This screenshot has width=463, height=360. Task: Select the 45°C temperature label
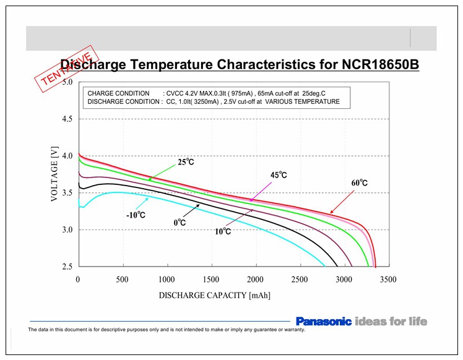click(278, 175)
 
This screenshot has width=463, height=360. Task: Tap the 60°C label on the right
click(359, 183)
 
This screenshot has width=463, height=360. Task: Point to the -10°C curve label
click(136, 215)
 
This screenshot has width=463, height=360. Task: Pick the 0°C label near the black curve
click(180, 221)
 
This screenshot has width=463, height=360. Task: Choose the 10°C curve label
click(222, 231)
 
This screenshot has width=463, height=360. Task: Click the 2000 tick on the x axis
click(256, 280)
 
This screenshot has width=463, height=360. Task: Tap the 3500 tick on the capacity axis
click(389, 280)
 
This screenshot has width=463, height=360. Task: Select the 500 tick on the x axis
click(123, 280)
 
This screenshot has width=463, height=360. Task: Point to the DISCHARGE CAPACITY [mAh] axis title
click(214, 296)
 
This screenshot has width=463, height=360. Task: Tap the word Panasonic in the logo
click(323, 322)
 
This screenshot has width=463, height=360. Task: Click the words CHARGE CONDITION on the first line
click(119, 93)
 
